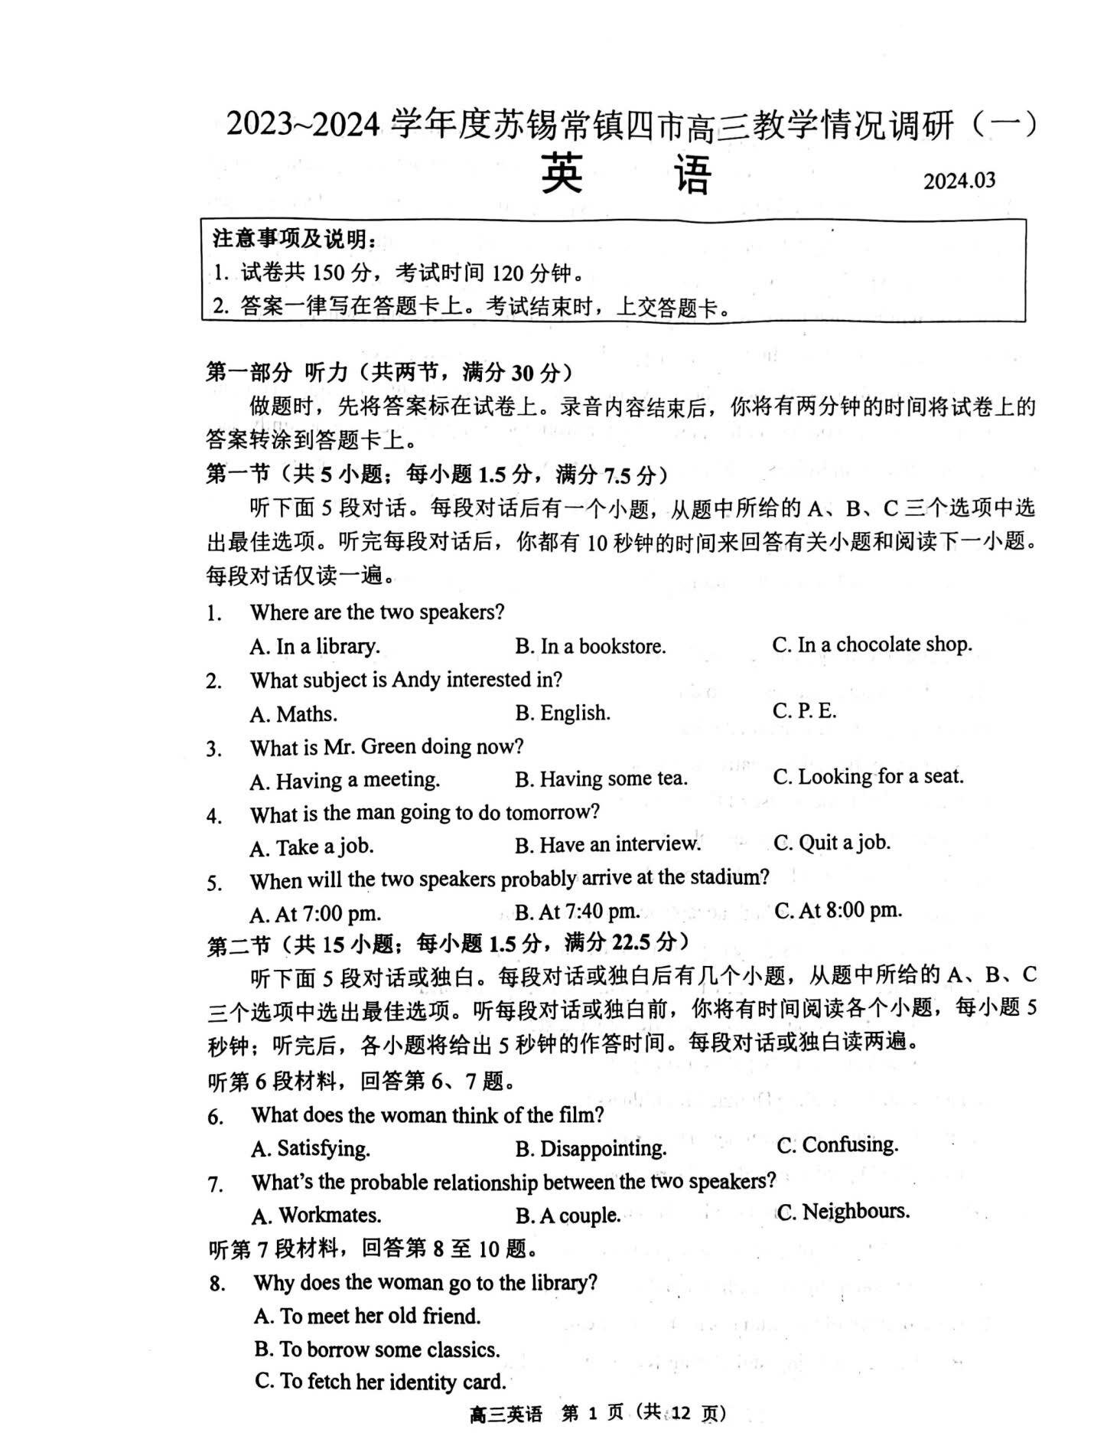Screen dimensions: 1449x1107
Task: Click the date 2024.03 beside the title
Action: [x=959, y=181]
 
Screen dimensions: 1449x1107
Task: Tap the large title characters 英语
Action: [x=626, y=175]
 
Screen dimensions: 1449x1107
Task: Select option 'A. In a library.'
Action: [x=314, y=647]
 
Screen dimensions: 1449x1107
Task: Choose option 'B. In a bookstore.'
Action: [x=590, y=647]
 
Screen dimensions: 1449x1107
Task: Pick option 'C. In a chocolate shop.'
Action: [x=871, y=645]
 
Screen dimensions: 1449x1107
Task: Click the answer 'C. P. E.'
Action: [x=804, y=711]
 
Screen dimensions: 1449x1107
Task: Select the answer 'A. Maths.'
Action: [x=293, y=714]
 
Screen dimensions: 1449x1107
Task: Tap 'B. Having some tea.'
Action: [x=601, y=779]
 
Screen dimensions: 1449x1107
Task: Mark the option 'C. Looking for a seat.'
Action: [x=868, y=777]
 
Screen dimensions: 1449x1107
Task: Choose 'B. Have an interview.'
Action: [x=607, y=844]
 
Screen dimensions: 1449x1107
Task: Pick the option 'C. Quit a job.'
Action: [x=832, y=843]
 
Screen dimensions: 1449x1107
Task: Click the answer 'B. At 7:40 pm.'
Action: [x=577, y=912]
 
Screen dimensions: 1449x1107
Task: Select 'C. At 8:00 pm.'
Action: [x=838, y=910]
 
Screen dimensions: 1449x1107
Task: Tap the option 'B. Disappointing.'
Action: [x=591, y=1148]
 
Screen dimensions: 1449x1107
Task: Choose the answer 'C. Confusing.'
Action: [x=837, y=1145]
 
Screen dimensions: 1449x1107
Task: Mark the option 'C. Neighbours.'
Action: [x=843, y=1212]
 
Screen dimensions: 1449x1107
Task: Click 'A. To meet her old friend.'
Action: [x=367, y=1316]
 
